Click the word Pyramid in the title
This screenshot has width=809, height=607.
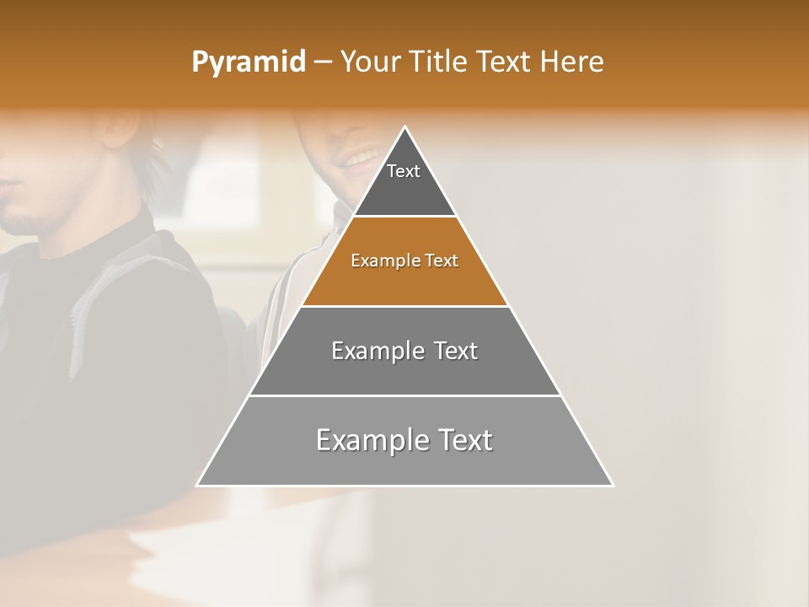coord(249,62)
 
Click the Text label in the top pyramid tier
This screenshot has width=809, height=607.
coord(404,171)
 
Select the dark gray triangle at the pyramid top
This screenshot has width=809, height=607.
coord(404,190)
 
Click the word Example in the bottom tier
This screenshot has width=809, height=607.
coord(364,440)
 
